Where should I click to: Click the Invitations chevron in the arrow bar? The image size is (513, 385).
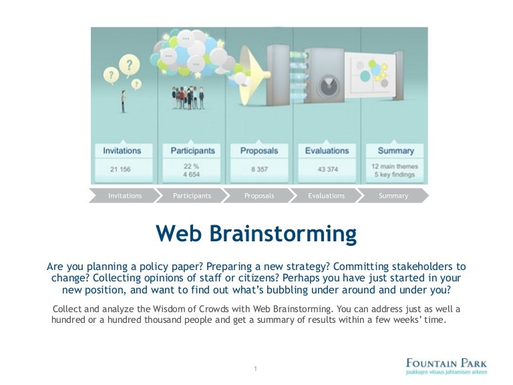[x=125, y=196]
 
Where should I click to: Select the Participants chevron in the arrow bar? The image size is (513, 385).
[x=192, y=196]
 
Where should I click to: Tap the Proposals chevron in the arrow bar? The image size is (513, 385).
[x=259, y=196]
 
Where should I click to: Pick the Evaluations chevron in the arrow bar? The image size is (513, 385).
[x=326, y=196]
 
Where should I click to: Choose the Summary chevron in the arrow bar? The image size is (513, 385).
[x=393, y=196]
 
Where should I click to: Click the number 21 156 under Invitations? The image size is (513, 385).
[x=122, y=169]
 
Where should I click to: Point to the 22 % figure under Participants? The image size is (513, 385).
[x=190, y=164]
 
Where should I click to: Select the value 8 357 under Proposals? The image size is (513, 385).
[x=259, y=169]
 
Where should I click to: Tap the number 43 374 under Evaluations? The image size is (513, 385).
[x=327, y=169]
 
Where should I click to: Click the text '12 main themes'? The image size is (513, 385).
[x=395, y=165]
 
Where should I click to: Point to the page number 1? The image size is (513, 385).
[x=256, y=369]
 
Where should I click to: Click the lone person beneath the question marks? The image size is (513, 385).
[x=122, y=100]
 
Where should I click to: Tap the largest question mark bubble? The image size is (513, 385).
[x=128, y=65]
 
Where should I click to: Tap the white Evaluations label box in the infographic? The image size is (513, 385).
[x=327, y=151]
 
